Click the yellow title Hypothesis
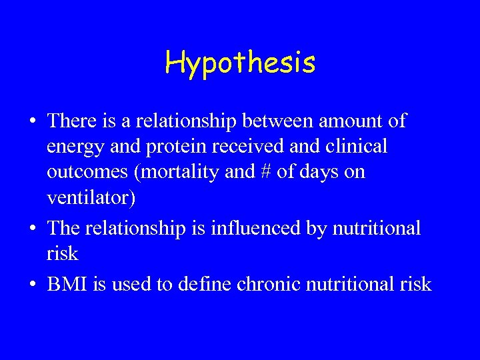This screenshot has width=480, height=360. click(x=240, y=63)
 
